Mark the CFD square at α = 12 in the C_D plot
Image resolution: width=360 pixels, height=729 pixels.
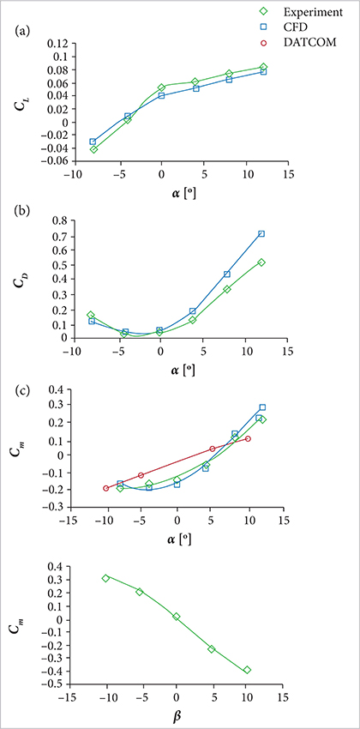(261, 233)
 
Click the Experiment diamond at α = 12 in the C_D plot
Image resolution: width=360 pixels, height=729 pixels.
(261, 262)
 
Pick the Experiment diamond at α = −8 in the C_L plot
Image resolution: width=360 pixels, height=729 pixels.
(93, 149)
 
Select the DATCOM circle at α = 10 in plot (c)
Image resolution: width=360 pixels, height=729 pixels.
(248, 438)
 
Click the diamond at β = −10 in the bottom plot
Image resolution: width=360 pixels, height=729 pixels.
(105, 578)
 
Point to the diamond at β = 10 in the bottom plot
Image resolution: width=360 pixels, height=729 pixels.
(247, 670)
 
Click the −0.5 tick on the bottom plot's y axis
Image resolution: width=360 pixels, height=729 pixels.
(57, 684)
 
